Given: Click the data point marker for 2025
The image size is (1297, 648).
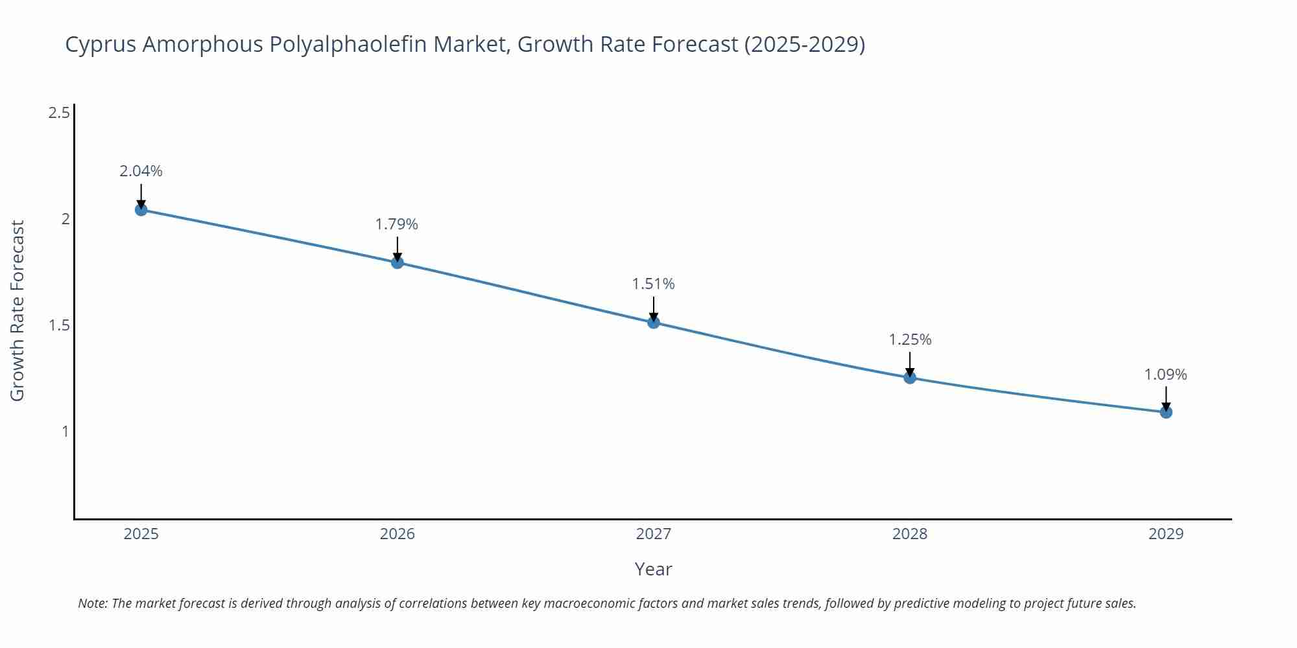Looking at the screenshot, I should coord(141,209).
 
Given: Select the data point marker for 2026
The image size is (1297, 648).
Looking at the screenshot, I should coord(398,262).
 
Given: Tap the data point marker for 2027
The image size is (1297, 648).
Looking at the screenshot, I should coord(654,322).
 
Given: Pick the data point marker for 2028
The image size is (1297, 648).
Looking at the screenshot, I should coord(910,378).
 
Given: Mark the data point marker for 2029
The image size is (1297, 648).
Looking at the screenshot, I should coord(1166,412).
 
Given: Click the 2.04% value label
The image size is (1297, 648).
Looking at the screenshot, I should coord(141,171).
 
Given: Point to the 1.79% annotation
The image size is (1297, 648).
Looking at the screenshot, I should coord(397,224).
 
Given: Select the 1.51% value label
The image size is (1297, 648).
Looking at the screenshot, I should coord(654,284).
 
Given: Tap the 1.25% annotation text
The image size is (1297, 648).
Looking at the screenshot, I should coord(910,340).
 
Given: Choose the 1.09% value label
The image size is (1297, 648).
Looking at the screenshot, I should coord(1165,375).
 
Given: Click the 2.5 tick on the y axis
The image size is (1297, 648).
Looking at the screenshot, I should coord(59,113).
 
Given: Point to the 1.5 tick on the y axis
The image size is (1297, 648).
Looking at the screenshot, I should coord(59,325).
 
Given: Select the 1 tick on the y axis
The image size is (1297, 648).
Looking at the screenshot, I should coord(65,431).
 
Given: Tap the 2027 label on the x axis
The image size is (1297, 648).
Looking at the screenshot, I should coord(654,534).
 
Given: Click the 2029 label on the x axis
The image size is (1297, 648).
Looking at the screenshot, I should coord(1166,534).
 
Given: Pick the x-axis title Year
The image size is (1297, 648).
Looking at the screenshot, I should coord(653,569).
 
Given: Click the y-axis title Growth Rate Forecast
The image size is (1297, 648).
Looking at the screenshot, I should coord(18,311).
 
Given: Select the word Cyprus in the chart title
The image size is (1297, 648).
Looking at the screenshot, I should coord(101,45).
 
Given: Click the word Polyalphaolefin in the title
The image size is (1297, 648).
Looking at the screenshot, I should coord(348,45).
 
